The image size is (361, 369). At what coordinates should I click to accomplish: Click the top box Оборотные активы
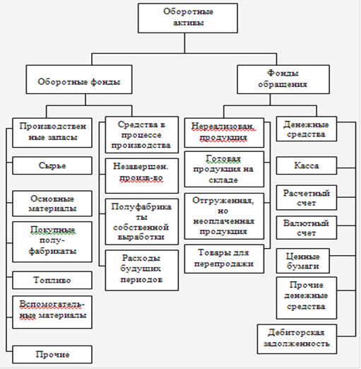pyautogui.click(x=188, y=18)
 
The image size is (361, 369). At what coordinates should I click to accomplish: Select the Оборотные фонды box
pyautogui.click(x=79, y=79)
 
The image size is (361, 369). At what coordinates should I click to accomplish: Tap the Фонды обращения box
pyautogui.click(x=283, y=79)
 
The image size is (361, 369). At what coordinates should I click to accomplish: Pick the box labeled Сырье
pyautogui.click(x=52, y=165)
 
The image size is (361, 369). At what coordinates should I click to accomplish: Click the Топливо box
pyautogui.click(x=52, y=280)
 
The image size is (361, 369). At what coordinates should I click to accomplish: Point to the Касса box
pyautogui.click(x=307, y=165)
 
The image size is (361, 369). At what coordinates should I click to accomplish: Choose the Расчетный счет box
pyautogui.click(x=307, y=198)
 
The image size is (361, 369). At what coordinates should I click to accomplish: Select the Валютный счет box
pyautogui.click(x=307, y=228)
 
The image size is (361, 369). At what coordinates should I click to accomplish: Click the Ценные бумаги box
pyautogui.click(x=303, y=261)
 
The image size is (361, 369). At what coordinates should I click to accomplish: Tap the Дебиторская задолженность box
pyautogui.click(x=297, y=339)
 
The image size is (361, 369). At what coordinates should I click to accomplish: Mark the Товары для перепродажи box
pyautogui.click(x=224, y=259)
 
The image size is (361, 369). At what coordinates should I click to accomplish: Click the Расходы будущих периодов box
pyautogui.click(x=142, y=270)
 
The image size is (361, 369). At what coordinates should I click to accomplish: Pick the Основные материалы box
pyautogui.click(x=52, y=204)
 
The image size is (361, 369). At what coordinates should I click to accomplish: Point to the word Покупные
pyautogui.click(x=52, y=230)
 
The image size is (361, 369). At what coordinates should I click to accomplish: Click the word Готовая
pyautogui.click(x=223, y=159)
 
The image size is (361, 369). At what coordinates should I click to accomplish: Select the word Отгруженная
pyautogui.click(x=223, y=201)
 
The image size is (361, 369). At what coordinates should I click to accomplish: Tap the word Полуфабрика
pyautogui.click(x=141, y=207)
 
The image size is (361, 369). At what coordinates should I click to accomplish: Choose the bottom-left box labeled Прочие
pyautogui.click(x=52, y=354)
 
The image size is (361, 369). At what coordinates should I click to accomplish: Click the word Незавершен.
pyautogui.click(x=141, y=167)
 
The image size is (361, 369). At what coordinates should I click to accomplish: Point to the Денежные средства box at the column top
pyautogui.click(x=307, y=129)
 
